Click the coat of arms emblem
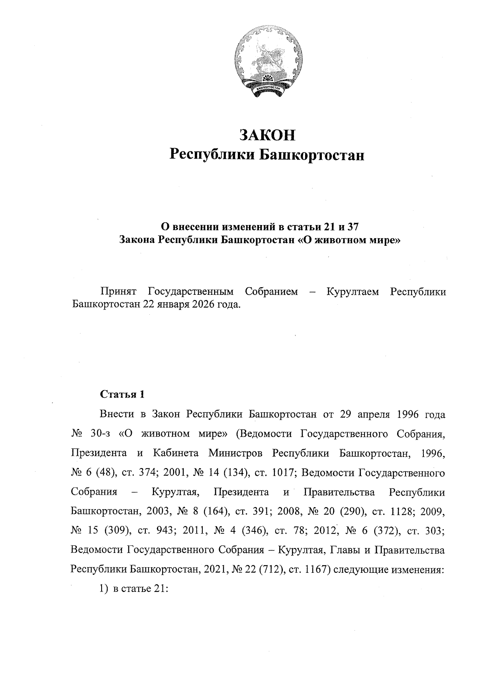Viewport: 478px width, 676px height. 267,63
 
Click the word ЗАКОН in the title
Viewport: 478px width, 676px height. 267,135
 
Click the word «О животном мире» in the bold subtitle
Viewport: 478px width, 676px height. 349,240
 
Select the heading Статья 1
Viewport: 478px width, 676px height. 121,394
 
